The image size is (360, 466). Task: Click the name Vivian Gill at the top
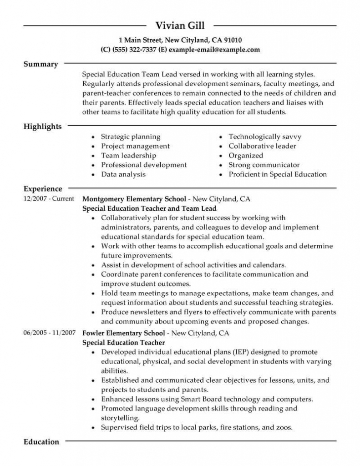[x=180, y=25]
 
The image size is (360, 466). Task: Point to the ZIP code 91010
[x=232, y=40]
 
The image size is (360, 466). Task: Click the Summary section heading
[x=41, y=64]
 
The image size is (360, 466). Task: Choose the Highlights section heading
[x=42, y=127]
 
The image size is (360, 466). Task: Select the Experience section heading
[x=43, y=188]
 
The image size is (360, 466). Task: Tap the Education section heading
[x=41, y=442]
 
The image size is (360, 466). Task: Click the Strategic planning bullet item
[x=131, y=137]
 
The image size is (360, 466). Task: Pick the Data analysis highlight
[x=123, y=174]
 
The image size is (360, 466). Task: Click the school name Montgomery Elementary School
[x=134, y=199]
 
